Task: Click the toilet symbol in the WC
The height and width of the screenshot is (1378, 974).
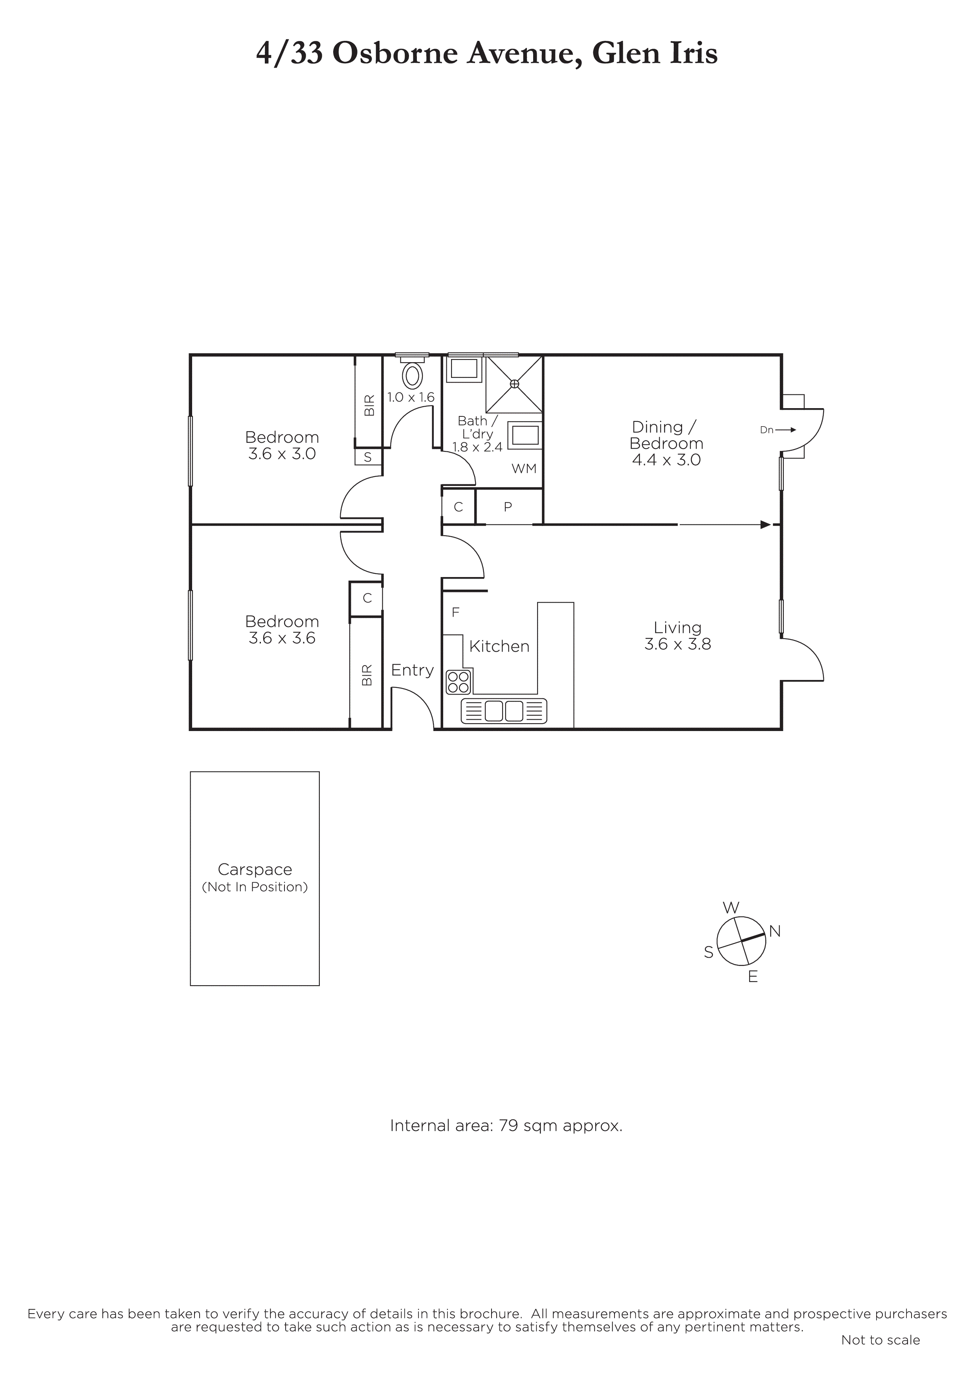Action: [x=412, y=373]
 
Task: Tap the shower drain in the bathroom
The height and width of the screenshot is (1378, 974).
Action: [x=514, y=383]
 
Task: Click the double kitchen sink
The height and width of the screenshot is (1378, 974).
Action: [x=504, y=711]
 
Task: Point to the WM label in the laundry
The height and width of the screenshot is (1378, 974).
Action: [x=524, y=469]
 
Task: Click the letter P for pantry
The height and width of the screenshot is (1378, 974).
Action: [x=508, y=507]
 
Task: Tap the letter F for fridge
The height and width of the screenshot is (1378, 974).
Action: [x=455, y=612]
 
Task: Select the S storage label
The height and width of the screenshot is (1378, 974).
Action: [x=368, y=457]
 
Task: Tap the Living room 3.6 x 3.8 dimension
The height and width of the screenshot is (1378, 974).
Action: [x=677, y=644]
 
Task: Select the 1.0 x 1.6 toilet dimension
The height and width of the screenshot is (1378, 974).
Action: [x=411, y=397]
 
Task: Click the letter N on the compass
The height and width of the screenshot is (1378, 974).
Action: [x=775, y=931]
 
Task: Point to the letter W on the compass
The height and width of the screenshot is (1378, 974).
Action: [x=731, y=907]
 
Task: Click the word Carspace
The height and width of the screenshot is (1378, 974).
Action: [x=255, y=870]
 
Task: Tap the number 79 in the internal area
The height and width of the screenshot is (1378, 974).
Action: [x=508, y=1125]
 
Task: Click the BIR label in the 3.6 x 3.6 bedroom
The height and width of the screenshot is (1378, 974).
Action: [x=367, y=675]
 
